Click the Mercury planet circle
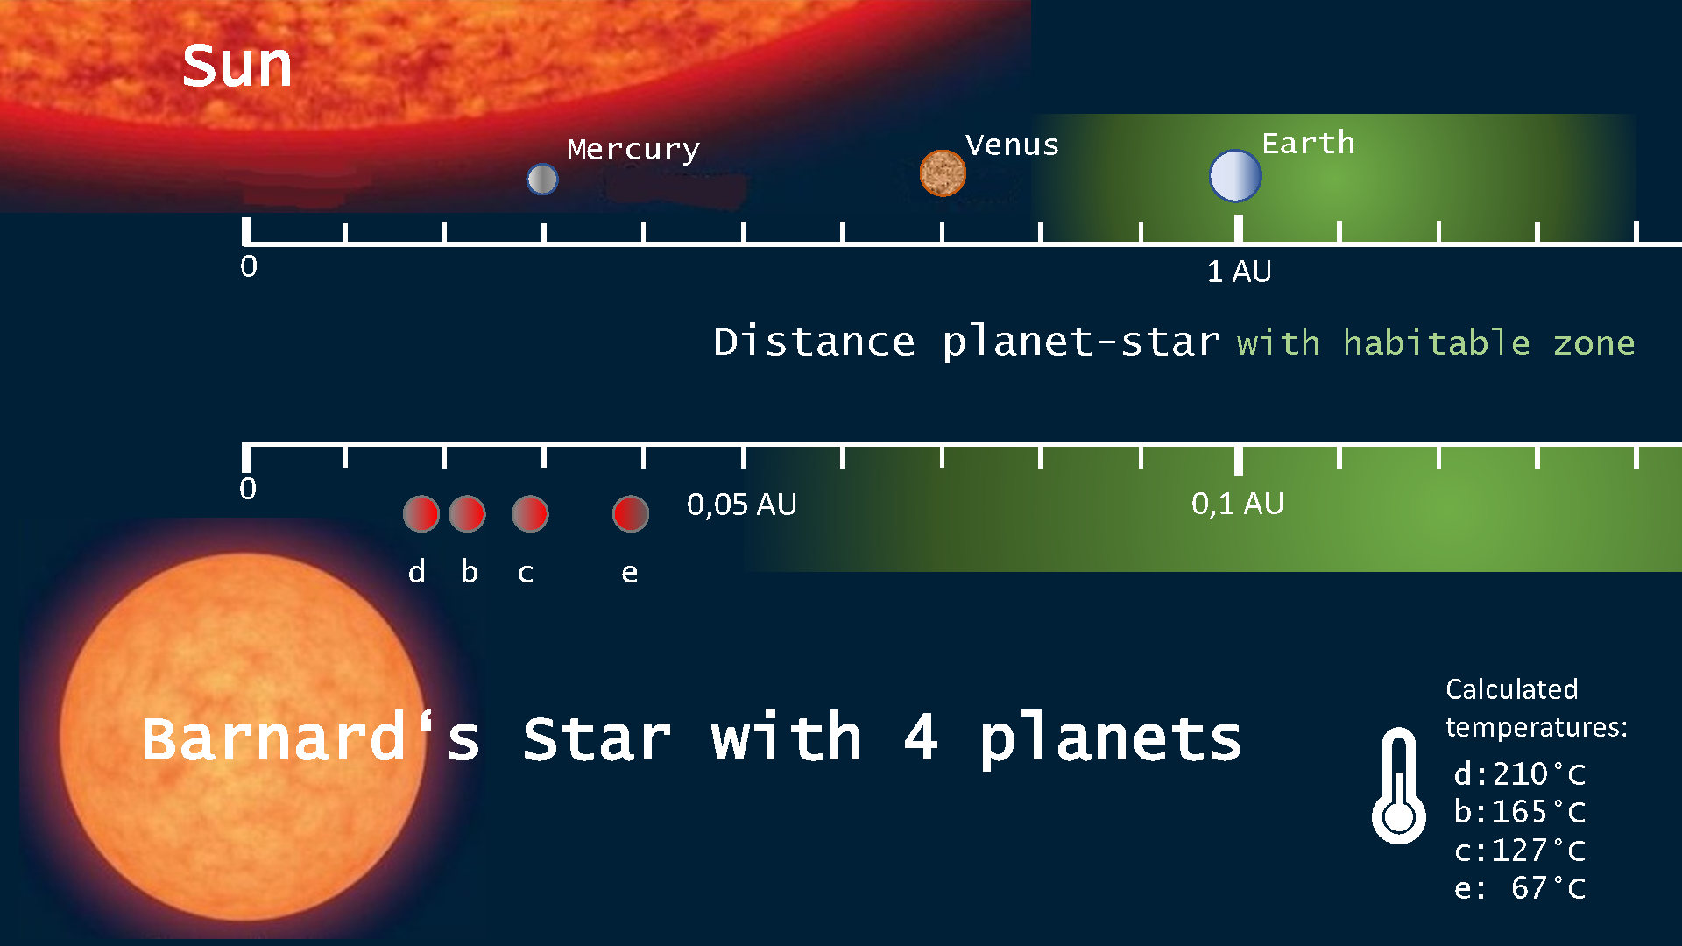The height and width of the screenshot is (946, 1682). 542,180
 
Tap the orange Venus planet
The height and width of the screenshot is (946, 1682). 943,173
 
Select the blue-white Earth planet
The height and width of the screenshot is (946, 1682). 1235,175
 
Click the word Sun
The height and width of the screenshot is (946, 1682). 237,67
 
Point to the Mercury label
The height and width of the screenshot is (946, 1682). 633,150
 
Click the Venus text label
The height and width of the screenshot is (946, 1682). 1012,145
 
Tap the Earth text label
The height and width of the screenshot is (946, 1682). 1308,143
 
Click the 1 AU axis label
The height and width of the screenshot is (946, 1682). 1239,272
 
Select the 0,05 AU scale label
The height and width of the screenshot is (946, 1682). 741,505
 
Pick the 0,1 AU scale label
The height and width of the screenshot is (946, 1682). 1237,504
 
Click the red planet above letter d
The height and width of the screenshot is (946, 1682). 420,514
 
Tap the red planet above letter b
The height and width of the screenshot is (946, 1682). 467,513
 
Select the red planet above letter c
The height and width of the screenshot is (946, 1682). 530,513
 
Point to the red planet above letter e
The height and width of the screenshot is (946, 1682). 631,513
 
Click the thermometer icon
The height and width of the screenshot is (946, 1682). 1398,786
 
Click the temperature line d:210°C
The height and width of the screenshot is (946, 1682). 1520,774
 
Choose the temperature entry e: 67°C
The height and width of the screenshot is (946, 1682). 1520,888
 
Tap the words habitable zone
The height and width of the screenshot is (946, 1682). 1488,342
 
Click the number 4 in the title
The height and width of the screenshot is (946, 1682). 921,738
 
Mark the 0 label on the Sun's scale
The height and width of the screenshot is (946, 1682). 249,266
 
